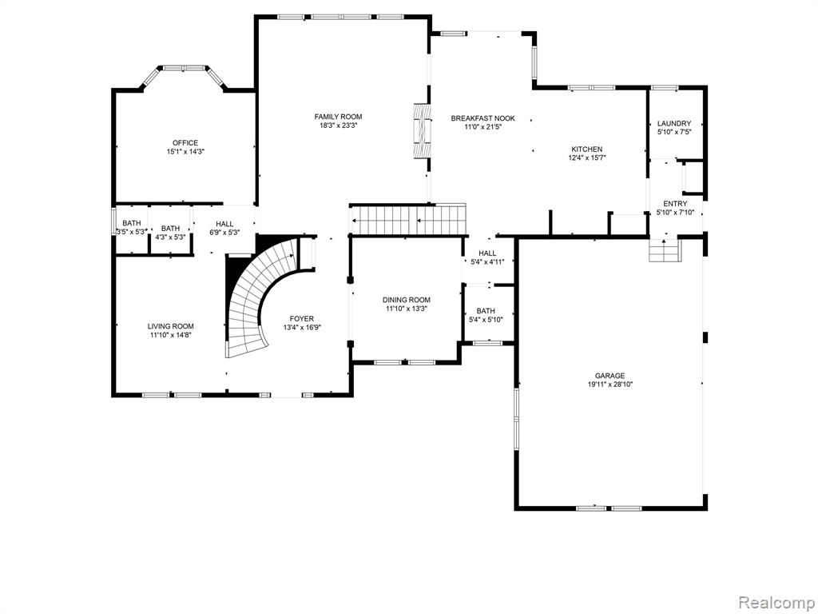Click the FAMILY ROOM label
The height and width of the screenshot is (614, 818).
338,117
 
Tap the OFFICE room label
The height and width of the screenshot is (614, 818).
185,142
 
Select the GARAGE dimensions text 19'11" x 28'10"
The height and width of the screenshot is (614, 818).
610,385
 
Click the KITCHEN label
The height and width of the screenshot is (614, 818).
586,149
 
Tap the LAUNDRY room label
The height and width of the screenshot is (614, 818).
674,123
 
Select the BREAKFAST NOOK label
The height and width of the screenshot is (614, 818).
482,118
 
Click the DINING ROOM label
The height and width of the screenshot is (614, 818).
407,300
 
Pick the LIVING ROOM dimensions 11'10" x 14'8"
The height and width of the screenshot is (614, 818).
171,335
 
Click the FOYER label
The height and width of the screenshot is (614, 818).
301,318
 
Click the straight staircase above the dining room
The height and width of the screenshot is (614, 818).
408,220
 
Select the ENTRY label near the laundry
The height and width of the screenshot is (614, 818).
675,204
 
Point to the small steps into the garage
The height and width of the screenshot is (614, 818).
665,250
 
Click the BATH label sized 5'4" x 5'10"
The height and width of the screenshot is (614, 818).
486,311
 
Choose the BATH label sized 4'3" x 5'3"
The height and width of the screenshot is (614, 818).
170,228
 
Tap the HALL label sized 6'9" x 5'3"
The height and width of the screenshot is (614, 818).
224,224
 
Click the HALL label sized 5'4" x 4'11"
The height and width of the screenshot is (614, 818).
487,253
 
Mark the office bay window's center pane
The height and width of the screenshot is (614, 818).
183,68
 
